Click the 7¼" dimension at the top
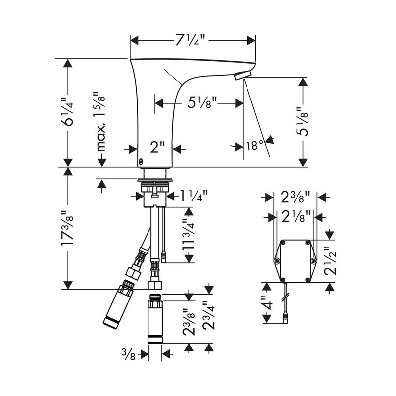(191, 40)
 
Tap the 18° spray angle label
(255, 146)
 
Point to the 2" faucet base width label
(157, 147)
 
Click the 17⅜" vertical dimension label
(68, 228)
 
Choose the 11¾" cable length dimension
(189, 234)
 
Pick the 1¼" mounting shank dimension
(194, 196)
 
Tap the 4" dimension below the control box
(268, 302)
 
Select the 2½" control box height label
(330, 260)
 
